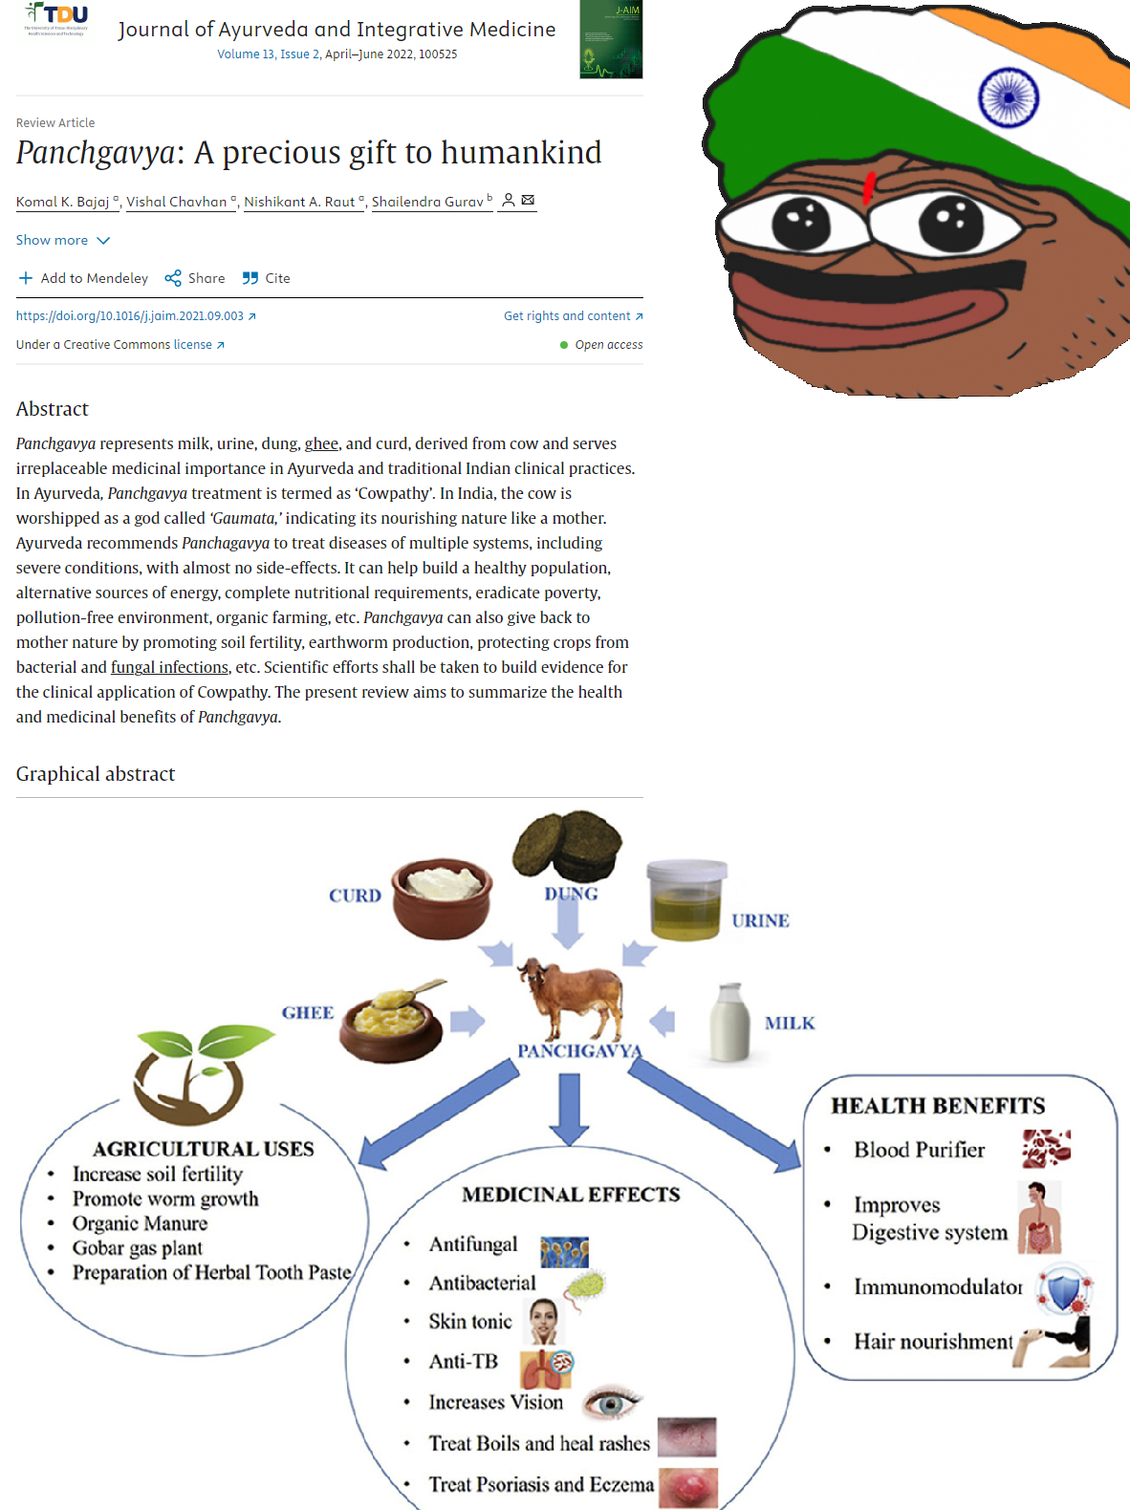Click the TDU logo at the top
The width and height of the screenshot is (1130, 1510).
[x=55, y=18]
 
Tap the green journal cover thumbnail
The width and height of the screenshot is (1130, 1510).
[x=611, y=39]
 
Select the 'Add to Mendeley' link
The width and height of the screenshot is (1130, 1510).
[x=83, y=278]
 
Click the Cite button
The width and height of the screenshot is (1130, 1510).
[x=267, y=278]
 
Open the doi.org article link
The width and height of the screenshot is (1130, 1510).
[x=136, y=315]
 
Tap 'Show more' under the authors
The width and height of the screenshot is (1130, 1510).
[x=63, y=240]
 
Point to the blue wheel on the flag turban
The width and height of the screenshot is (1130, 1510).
[x=1009, y=97]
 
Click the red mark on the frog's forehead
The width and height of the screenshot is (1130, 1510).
[x=869, y=187]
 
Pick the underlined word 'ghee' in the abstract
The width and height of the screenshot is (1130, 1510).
[x=321, y=443]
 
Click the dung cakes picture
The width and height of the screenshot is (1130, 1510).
[x=567, y=845]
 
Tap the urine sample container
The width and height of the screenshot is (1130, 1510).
[x=686, y=899]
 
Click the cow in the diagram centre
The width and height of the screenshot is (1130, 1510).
[x=571, y=999]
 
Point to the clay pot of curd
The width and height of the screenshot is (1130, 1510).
[x=442, y=897]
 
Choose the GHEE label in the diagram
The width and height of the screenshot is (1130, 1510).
[x=308, y=1013]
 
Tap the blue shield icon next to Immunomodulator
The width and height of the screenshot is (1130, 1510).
[x=1065, y=1288]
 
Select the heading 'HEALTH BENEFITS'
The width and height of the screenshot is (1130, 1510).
[x=938, y=1106]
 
